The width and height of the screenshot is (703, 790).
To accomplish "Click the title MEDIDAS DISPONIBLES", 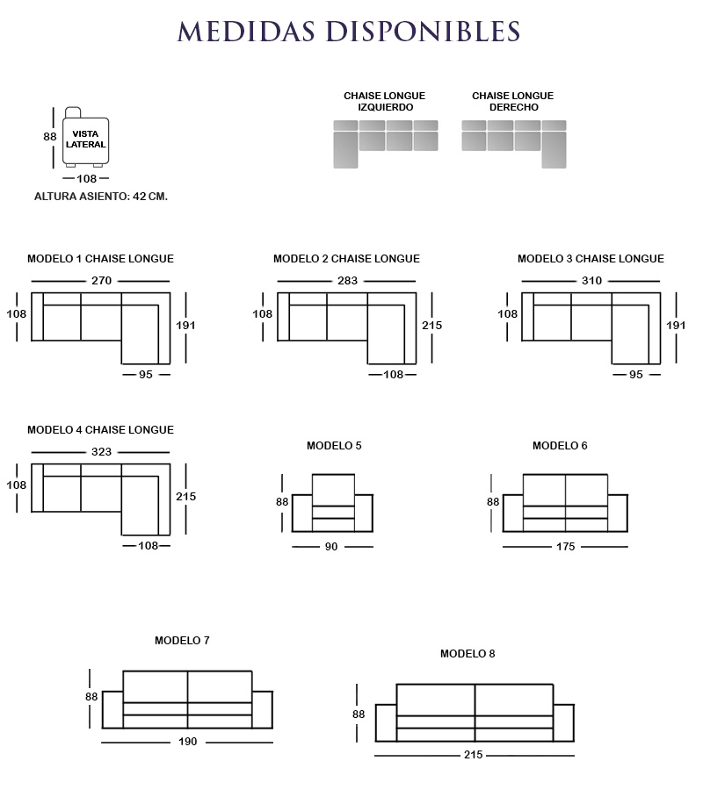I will pos(350,32).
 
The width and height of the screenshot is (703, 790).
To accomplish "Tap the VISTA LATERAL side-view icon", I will pos(85,139).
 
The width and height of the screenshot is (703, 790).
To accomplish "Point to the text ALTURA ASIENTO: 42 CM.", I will pos(101,197).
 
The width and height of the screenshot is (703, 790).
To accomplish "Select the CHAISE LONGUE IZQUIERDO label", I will pos(384,101).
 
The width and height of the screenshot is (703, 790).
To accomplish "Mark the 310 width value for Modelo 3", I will pos(591,281).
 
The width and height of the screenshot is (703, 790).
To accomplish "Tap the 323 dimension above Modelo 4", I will pos(102,452).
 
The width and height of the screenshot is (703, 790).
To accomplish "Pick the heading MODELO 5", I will pos(334,446).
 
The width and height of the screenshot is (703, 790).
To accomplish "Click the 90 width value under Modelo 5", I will pos(331,547).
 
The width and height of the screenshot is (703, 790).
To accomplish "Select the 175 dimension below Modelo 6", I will pos(565,547).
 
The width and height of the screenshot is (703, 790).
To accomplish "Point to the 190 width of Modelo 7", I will pos(188,742).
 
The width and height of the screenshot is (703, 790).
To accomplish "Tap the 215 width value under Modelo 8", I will pos(474,755).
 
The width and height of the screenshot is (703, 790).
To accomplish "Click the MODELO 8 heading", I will pos(467,654).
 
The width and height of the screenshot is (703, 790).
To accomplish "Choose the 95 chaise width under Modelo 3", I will pos(636,375).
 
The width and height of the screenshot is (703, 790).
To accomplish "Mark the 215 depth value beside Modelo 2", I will pos(431,326).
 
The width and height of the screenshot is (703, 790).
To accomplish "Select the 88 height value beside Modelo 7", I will pos(91,697).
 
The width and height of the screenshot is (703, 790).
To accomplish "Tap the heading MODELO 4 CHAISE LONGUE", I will pos(100,430).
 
